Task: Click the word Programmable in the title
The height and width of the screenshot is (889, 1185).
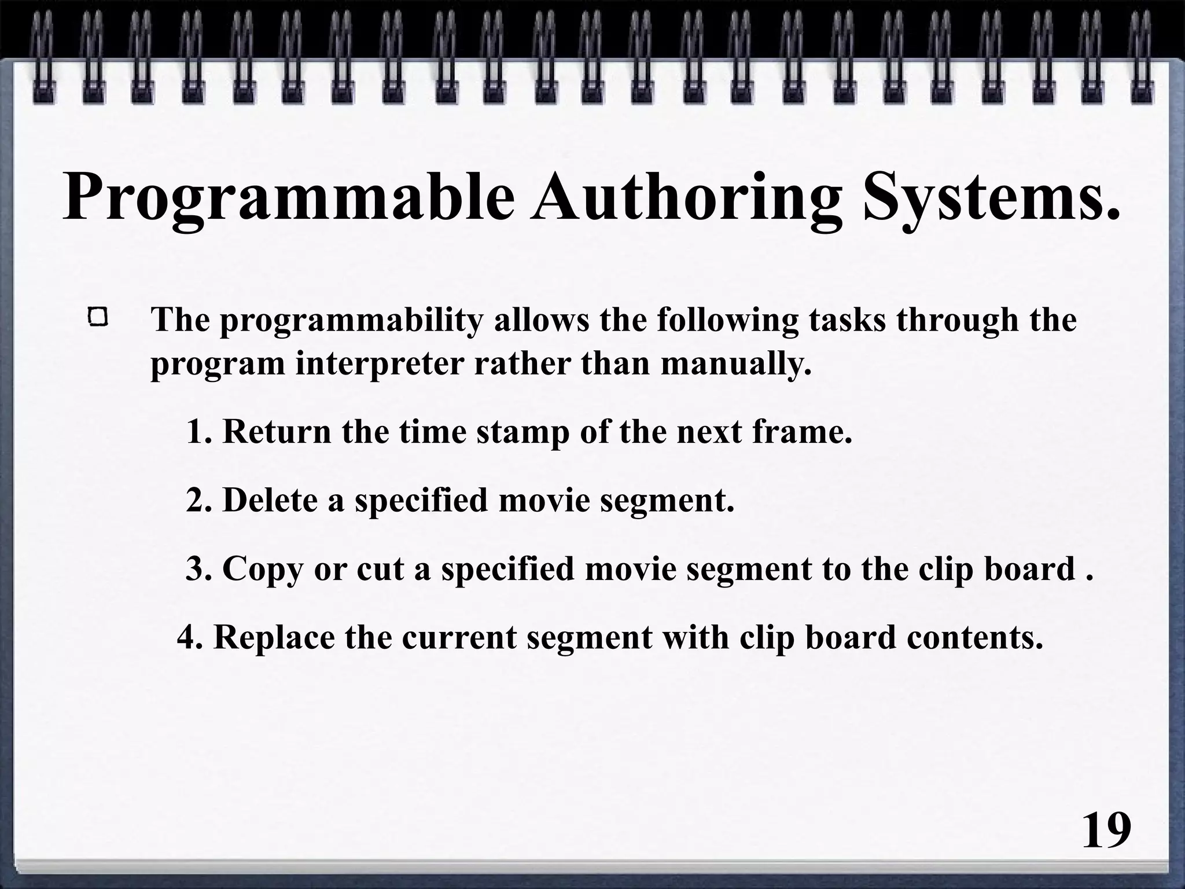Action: point(288,197)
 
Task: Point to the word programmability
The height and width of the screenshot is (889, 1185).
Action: point(351,321)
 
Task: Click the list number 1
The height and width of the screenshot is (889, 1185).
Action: point(197,432)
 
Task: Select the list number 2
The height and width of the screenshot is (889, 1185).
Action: point(196,500)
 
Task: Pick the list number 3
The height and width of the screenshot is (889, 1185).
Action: point(196,569)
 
